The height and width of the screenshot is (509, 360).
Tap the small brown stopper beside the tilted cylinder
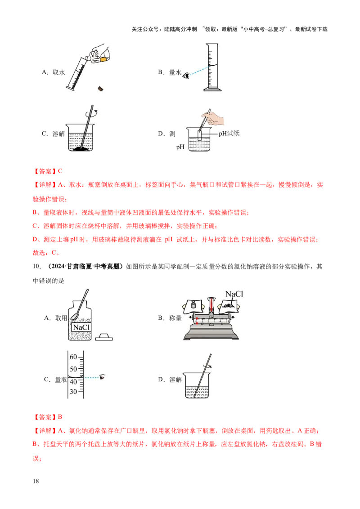tap(100, 88)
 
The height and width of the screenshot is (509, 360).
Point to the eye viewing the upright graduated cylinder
tap(186, 76)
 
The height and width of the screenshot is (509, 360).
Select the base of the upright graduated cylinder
tap(212, 89)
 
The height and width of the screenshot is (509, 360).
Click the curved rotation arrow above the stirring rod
tap(95, 113)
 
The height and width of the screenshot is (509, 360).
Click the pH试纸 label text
tap(229, 134)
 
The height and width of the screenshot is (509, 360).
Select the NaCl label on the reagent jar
tap(82, 327)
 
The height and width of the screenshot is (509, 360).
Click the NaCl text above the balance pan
tap(234, 294)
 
